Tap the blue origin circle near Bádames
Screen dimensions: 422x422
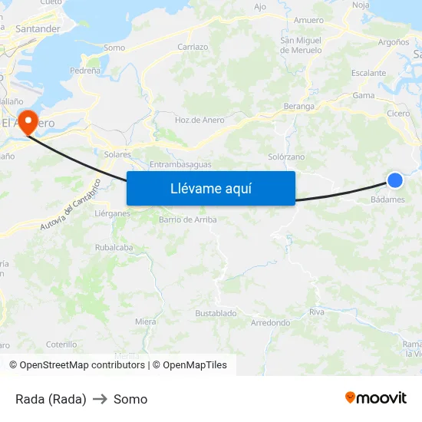pos(394,180)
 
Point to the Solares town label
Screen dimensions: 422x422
pos(117,154)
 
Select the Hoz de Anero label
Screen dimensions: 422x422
pos(199,120)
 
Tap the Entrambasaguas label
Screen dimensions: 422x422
pos(180,165)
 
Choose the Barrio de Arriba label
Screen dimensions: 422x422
pos(187,219)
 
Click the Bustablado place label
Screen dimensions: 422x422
pos(216,313)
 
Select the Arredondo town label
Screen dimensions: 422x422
pos(270,323)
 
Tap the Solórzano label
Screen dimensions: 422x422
pos(286,157)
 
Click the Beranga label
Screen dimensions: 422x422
pos(298,107)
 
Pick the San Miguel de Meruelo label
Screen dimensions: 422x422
pos(300,45)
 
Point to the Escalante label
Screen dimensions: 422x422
pos(369,73)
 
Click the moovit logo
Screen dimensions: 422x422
pos(376,397)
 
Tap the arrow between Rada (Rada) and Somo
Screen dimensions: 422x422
pos(100,399)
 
